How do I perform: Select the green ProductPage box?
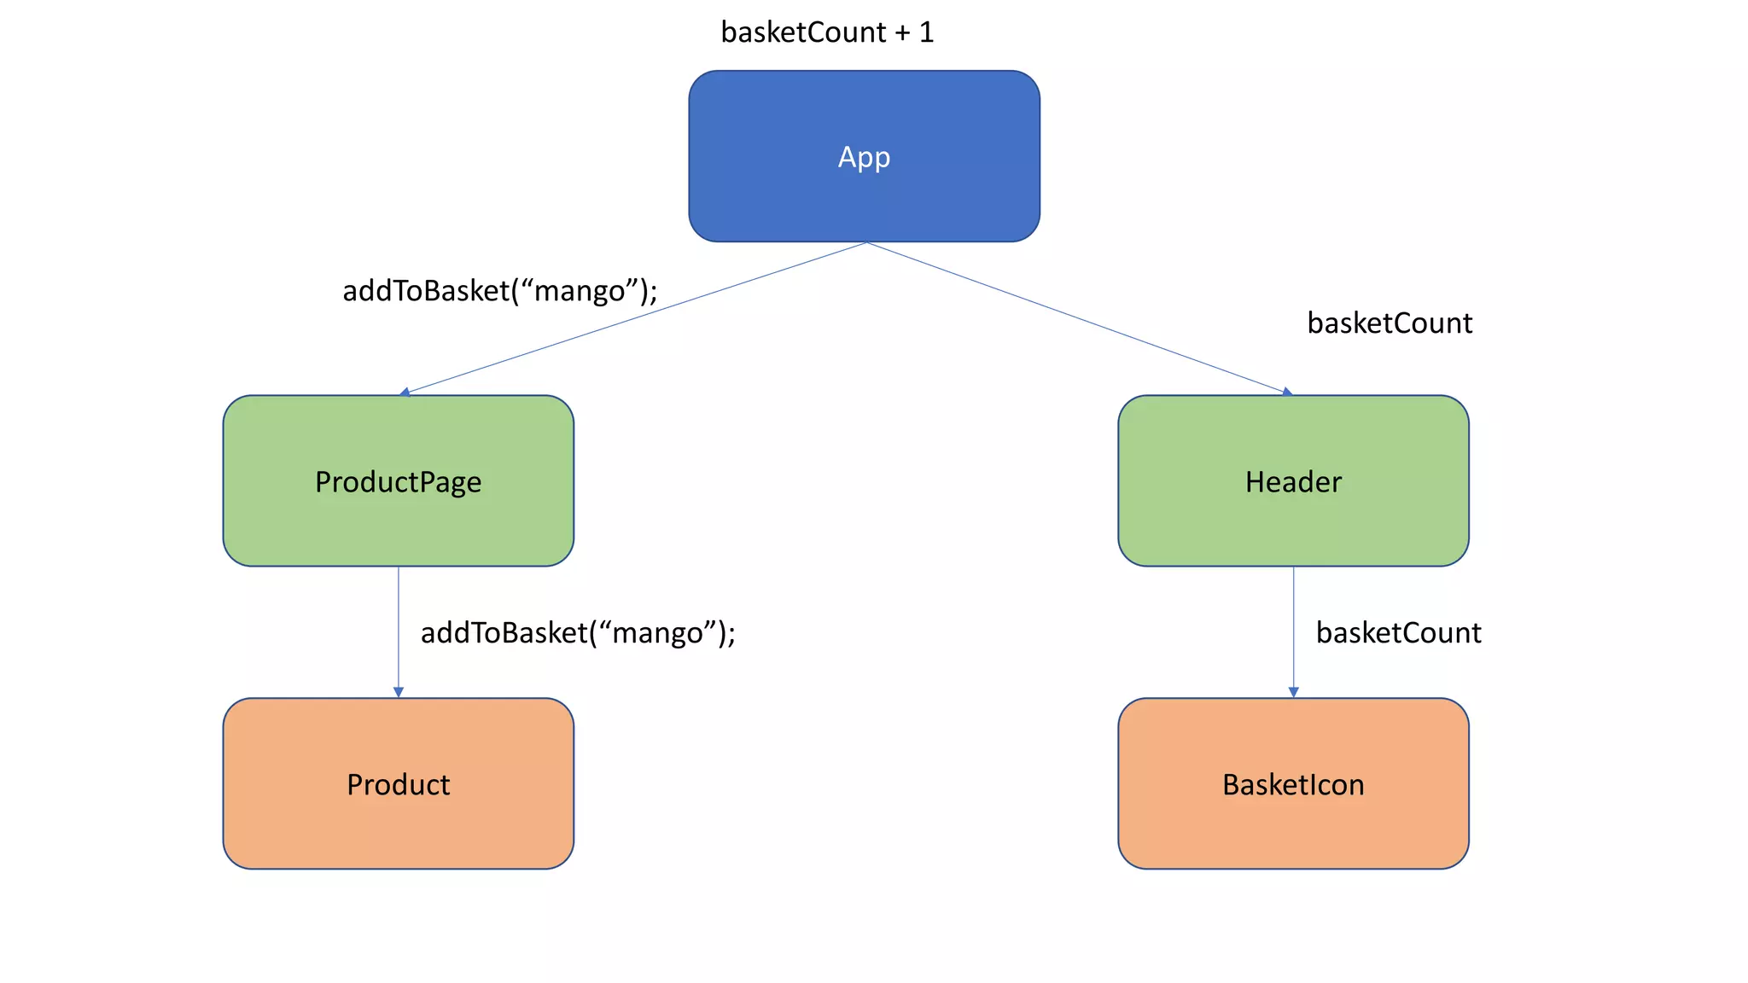398,521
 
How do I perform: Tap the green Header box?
1293,521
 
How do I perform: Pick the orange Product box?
398,819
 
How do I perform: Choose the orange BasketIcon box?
1293,819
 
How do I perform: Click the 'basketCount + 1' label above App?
826,32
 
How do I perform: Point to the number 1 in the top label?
927,32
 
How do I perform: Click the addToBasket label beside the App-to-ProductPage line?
500,291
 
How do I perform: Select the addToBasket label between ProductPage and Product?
578,632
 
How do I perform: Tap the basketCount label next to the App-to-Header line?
1390,323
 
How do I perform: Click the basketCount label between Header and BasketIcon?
1398,632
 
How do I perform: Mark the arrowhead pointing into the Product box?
398,692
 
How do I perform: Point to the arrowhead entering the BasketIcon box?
1293,692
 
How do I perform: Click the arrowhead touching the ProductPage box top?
405,392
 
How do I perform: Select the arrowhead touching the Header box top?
1287,392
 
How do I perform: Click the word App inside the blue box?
864,157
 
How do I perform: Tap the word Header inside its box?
1293,482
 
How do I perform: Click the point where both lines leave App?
865,242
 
